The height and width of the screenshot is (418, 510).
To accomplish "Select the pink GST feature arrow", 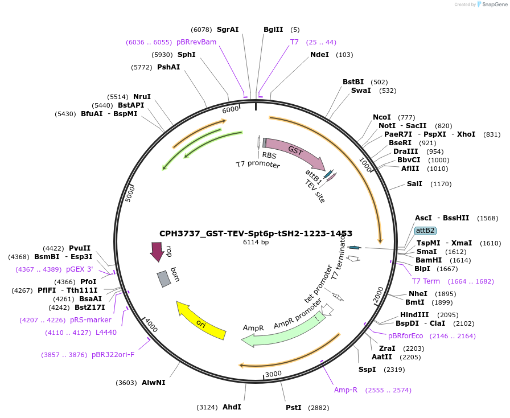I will click(x=295, y=152).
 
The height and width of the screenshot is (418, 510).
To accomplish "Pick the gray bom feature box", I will click(x=164, y=278).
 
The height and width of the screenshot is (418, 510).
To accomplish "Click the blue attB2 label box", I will click(x=425, y=231).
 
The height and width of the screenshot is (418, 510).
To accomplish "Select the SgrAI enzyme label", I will click(x=228, y=30).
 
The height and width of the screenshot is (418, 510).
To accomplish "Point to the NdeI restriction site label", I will click(x=319, y=55).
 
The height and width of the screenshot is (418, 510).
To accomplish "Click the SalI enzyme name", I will click(x=414, y=184).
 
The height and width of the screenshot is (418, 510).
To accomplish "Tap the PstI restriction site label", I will click(x=294, y=408).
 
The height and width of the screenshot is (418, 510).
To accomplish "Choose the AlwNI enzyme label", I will click(x=154, y=383).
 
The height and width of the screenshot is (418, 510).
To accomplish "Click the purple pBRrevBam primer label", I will click(x=196, y=42).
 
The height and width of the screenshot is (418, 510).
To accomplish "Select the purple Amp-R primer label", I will click(x=346, y=390).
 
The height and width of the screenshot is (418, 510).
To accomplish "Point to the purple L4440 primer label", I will click(x=106, y=333).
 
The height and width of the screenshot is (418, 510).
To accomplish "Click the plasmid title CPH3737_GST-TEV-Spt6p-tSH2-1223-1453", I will click(x=256, y=233).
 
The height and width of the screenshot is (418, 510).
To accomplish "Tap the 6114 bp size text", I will click(x=256, y=243).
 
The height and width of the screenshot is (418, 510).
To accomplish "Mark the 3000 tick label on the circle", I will click(x=274, y=374).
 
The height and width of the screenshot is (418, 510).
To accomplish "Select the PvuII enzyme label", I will click(x=80, y=248).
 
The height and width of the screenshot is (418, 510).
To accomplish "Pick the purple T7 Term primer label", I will click(x=426, y=281).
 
